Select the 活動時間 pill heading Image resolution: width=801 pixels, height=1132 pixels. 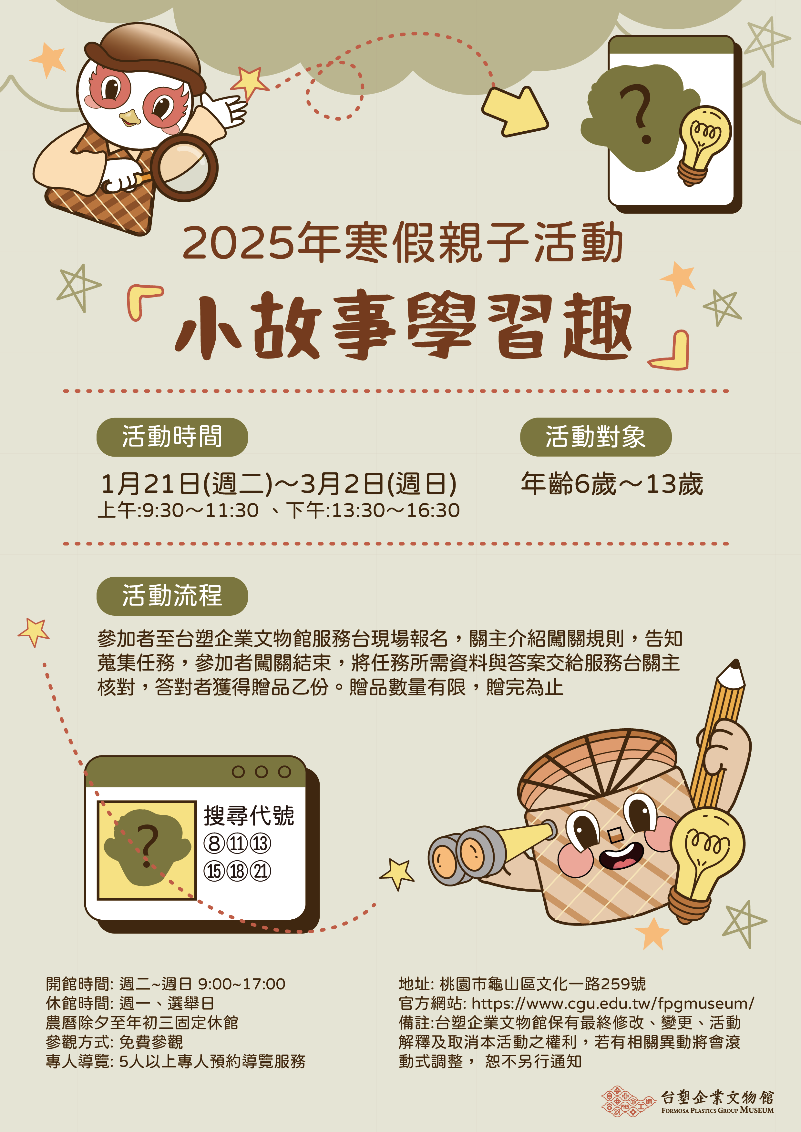coord(172,437)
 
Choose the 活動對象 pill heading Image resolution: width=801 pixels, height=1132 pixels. coord(595,437)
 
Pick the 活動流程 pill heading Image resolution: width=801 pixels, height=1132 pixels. coord(172,596)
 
